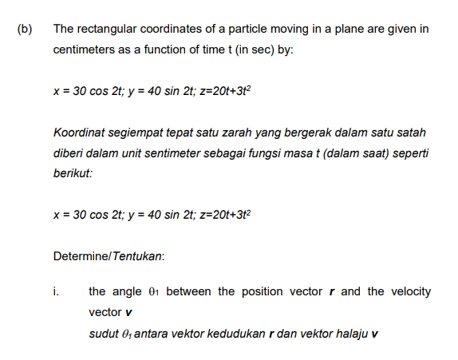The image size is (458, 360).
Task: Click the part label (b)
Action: tap(25, 30)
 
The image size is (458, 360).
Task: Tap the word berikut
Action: tap(73, 172)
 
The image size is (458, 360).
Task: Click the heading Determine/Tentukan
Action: tap(109, 256)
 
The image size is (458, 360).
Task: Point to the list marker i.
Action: tap(57, 291)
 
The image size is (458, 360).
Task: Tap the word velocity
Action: tap(410, 291)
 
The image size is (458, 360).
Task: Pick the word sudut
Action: tap(104, 332)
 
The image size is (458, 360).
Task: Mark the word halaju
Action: tap(349, 332)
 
